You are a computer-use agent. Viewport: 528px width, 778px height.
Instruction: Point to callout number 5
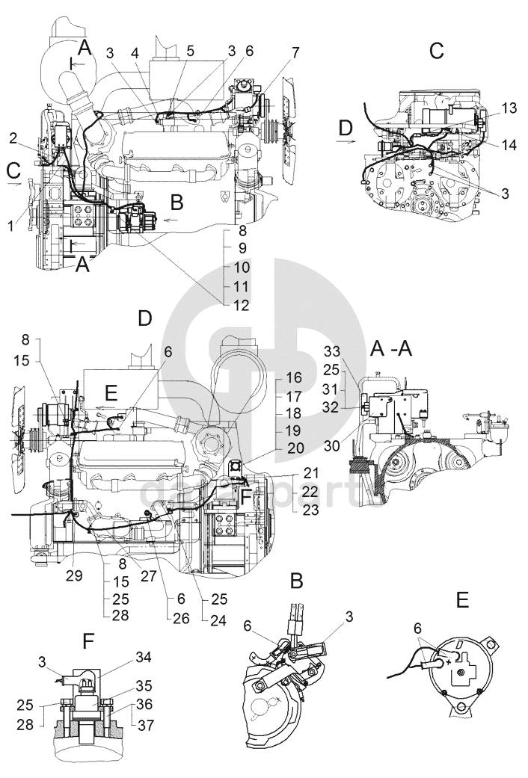pos(190,51)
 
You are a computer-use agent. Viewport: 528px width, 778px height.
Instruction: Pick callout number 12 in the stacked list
pos(239,305)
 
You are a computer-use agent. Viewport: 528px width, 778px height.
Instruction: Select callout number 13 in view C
pos(509,108)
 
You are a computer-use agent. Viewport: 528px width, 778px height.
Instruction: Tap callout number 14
pos(509,144)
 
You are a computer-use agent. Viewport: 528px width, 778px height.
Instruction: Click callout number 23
pos(310,510)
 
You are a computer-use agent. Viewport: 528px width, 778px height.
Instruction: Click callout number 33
pos(332,351)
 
